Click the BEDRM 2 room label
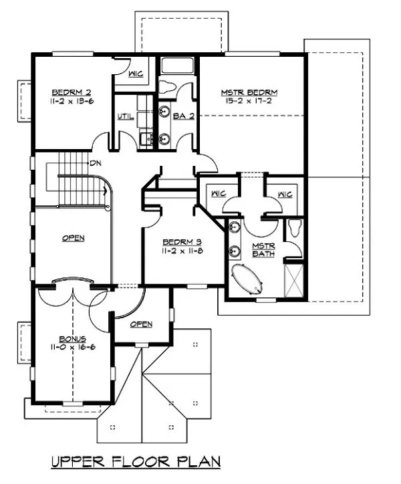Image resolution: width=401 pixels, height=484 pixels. tap(67, 92)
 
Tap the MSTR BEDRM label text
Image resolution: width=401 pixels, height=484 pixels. tap(249, 92)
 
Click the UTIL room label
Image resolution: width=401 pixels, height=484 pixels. tap(125, 117)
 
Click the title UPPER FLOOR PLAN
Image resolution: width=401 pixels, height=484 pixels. tap(136, 461)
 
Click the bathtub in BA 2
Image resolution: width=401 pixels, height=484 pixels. tap(177, 68)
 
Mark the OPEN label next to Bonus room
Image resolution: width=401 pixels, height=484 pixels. tap(141, 324)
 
